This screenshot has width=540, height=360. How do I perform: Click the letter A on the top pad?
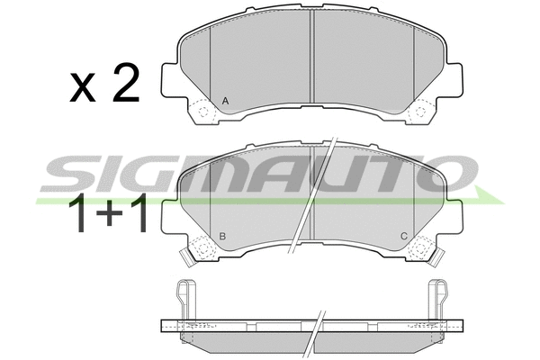coord(225,101)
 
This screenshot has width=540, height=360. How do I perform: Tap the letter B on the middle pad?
coord(222,237)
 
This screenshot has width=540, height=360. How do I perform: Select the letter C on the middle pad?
coord(404,237)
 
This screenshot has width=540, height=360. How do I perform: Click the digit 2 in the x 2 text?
coord(126,83)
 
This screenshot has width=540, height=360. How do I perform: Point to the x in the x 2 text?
coord(83,87)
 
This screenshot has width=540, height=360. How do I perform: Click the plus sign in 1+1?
coord(110,213)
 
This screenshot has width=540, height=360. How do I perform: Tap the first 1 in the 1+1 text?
coord(78,213)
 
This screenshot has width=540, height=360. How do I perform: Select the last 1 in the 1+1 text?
coord(140,213)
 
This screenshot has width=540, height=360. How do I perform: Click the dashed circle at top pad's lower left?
coord(203,112)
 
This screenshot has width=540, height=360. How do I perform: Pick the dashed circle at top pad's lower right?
coord(420,112)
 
